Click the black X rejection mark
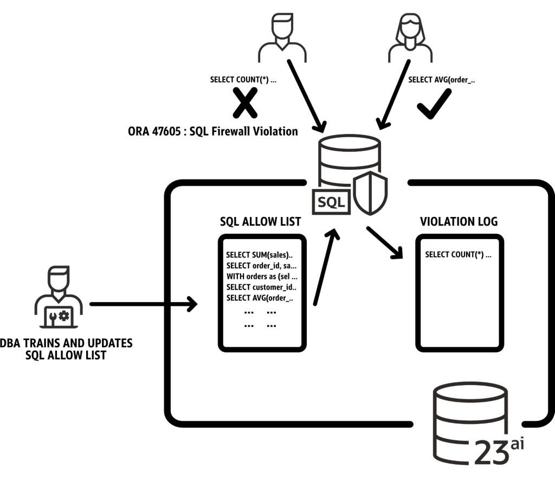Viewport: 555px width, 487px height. coord(245,104)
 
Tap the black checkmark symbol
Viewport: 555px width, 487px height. coord(435,102)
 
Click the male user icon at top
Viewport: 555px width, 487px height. coord(282,38)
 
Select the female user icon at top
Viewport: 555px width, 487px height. coord(410,38)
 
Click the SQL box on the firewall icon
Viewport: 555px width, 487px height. coord(331,202)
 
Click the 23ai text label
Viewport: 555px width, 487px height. coord(499,450)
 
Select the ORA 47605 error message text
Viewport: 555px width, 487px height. coord(212,131)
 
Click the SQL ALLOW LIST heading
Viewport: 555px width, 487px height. coord(260,221)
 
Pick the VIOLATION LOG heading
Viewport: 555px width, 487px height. coord(459,221)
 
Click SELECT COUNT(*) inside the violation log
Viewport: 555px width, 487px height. coord(458,254)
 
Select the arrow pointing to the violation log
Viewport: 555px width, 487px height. coord(385,242)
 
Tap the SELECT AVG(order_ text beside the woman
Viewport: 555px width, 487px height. coord(441,80)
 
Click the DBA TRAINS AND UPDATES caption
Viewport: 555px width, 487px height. coord(66,349)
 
